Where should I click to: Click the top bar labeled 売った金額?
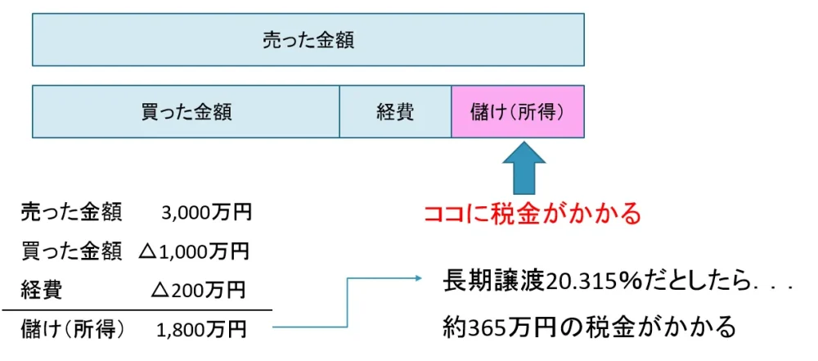pos(308,39)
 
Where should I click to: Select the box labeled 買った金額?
pos(187,111)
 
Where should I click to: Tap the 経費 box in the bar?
pos(395,111)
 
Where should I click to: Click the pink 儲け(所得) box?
pos(518,111)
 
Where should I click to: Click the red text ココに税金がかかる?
pos(532,214)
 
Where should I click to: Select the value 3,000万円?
pos(207,213)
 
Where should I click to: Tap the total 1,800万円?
pos(201,329)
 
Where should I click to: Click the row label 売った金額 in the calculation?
pos(71,213)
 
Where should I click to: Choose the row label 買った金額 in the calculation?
pos(71,250)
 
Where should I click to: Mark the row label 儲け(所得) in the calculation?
pos(73,329)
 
